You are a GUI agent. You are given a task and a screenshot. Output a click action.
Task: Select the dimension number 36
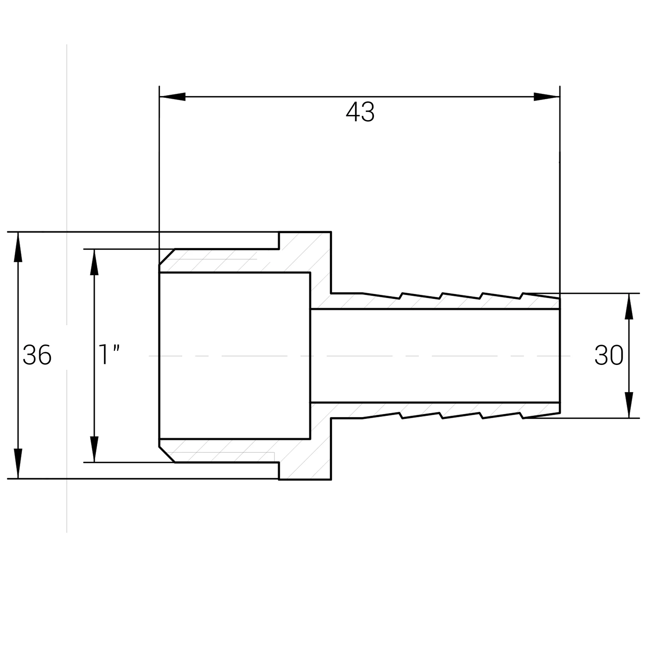(x=37, y=355)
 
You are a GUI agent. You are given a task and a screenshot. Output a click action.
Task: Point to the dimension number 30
(x=609, y=355)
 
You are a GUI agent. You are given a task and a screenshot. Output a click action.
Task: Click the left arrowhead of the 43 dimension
(x=172, y=97)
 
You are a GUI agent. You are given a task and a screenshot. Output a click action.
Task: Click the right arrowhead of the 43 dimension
(x=547, y=97)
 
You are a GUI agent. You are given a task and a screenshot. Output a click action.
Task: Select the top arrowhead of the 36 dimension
(x=18, y=247)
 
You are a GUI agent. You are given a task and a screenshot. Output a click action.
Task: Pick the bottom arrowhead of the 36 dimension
(x=18, y=463)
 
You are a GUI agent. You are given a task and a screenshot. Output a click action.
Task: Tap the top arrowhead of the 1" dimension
(x=94, y=262)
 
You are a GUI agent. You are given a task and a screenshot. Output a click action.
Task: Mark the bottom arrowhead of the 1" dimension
(x=94, y=449)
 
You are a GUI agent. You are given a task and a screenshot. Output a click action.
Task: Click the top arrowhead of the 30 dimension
(x=629, y=306)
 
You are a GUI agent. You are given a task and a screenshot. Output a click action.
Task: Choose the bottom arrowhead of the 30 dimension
(x=629, y=405)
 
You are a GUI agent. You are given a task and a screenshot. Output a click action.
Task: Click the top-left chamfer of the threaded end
(x=167, y=257)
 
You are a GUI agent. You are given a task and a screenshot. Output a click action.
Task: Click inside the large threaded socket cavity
(x=234, y=356)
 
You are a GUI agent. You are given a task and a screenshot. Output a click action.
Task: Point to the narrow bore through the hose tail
(x=435, y=356)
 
